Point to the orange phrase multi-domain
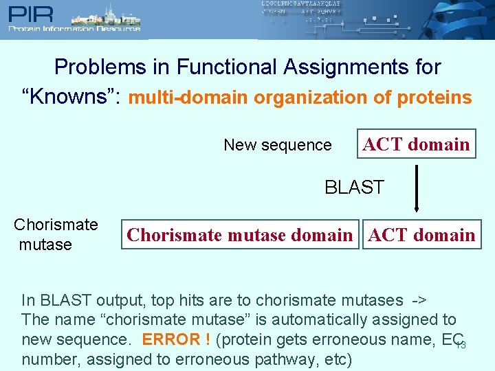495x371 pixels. pos(188,98)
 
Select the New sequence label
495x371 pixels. pos(278,145)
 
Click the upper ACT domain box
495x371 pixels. pos(416,144)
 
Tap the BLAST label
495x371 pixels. pos(354,187)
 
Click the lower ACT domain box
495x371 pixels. pos(421,235)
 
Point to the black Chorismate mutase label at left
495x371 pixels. pos(55,234)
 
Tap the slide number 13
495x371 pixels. pos(461,344)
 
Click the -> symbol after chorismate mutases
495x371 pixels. pos(418,300)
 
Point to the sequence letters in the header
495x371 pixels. pos(301,12)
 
